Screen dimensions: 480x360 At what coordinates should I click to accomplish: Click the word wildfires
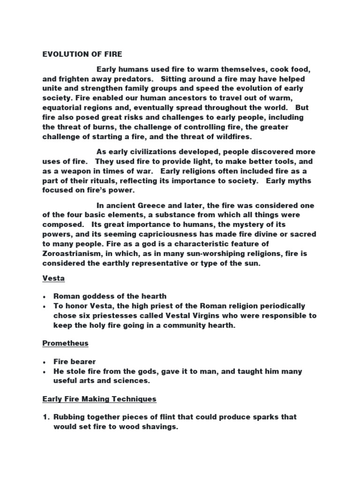coord(233,136)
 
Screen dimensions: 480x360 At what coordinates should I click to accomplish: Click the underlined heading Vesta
coord(53,278)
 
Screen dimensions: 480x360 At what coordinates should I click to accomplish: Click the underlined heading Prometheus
coord(65,343)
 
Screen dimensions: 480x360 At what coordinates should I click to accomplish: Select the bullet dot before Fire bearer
coord(44,362)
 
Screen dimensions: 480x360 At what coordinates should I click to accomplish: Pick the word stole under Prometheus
coord(78,371)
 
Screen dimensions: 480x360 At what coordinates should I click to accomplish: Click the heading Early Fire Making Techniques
coord(99,399)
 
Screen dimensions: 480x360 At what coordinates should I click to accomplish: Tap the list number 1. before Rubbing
coord(45,417)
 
